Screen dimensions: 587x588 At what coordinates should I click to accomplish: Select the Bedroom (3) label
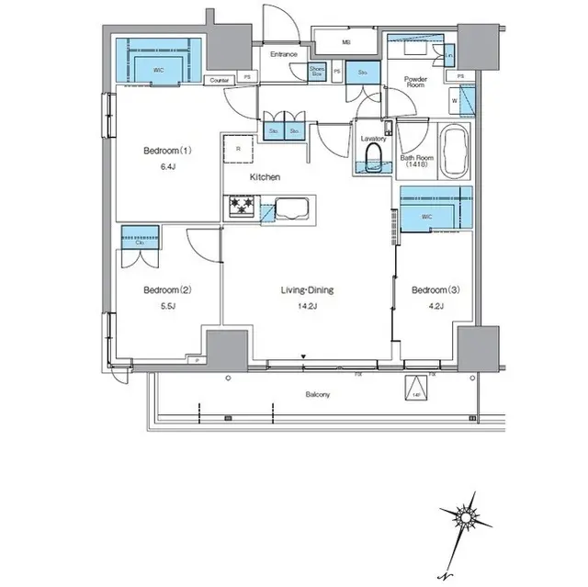coord(427,290)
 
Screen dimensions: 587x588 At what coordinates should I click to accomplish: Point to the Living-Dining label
coord(307,290)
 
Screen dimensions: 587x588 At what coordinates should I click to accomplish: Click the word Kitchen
coord(266,177)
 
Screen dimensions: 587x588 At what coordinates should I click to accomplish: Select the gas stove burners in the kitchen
coord(241,207)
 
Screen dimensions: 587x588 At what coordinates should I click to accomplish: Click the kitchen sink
coord(292,207)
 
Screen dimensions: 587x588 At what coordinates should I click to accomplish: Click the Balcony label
coord(318,394)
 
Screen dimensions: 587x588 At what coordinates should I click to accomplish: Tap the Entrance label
coord(283,54)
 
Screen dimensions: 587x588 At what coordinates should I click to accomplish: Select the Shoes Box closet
coord(317,71)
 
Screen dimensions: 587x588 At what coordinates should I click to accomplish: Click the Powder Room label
coord(417,83)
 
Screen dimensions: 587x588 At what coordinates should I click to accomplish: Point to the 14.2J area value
coord(307,309)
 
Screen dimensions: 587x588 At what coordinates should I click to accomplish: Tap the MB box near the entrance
coord(346,42)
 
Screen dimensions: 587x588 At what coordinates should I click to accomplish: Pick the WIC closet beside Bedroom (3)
coord(435,209)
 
